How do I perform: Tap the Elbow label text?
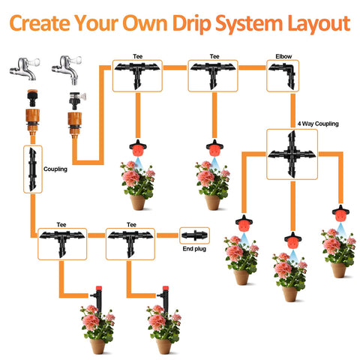tap(283, 56)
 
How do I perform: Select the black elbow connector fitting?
tap(283, 76)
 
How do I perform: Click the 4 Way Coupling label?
tap(318, 124)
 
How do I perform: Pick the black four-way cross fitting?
tap(292, 154)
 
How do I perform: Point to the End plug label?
tap(194, 249)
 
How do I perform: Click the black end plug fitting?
tap(194, 235)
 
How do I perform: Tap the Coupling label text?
tap(55, 169)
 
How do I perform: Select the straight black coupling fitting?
tap(32, 169)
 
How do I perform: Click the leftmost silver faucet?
tap(25, 68)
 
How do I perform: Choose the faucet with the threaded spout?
tap(67, 70)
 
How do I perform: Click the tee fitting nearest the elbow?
tap(213, 75)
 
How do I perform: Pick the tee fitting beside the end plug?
tap(130, 244)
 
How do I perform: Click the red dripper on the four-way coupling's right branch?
tap(340, 214)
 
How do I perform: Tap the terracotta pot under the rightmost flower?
tap(338, 270)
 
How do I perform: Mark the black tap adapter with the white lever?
tap(76, 100)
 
